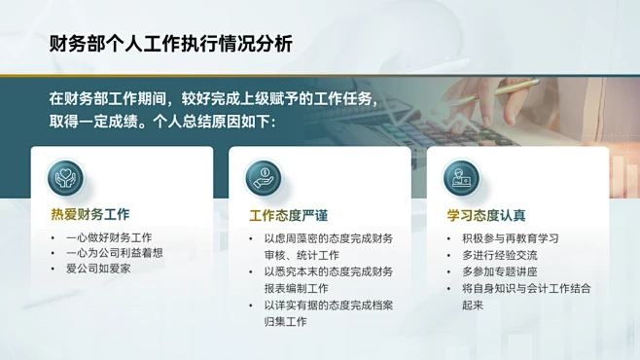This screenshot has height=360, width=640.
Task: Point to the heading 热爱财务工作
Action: click(x=90, y=214)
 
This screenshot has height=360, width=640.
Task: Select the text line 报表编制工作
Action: click(x=297, y=288)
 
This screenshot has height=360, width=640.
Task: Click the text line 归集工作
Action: click(x=285, y=321)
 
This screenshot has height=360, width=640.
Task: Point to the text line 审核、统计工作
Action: click(x=303, y=255)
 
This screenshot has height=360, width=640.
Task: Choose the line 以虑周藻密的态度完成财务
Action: click(x=329, y=238)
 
